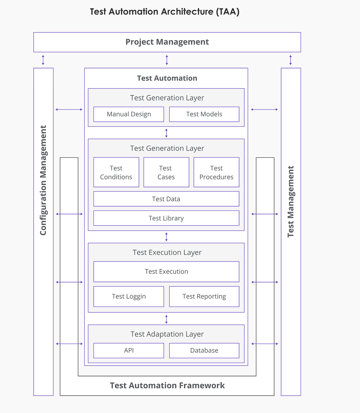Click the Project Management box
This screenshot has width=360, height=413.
(167, 42)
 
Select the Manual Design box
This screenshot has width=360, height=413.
(129, 114)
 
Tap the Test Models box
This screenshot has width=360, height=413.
(204, 114)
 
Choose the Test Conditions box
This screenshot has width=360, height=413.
(116, 172)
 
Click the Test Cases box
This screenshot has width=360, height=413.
(166, 172)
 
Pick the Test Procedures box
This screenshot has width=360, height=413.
(216, 172)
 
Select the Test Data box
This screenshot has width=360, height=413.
(166, 199)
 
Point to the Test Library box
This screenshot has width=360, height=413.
(166, 218)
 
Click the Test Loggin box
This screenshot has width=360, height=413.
(129, 296)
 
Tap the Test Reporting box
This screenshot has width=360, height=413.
(204, 296)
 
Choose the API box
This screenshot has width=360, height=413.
(129, 350)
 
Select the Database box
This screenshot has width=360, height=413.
(204, 350)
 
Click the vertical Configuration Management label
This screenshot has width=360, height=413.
(43, 180)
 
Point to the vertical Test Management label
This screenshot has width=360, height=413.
(291, 202)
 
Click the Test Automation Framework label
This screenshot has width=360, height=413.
(167, 385)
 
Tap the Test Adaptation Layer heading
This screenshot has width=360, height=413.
(167, 334)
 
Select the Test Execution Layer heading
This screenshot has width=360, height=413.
(167, 252)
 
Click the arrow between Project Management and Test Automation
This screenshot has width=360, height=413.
(167, 60)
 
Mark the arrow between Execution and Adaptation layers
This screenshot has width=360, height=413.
(166, 319)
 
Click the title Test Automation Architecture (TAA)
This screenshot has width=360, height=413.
(165, 12)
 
